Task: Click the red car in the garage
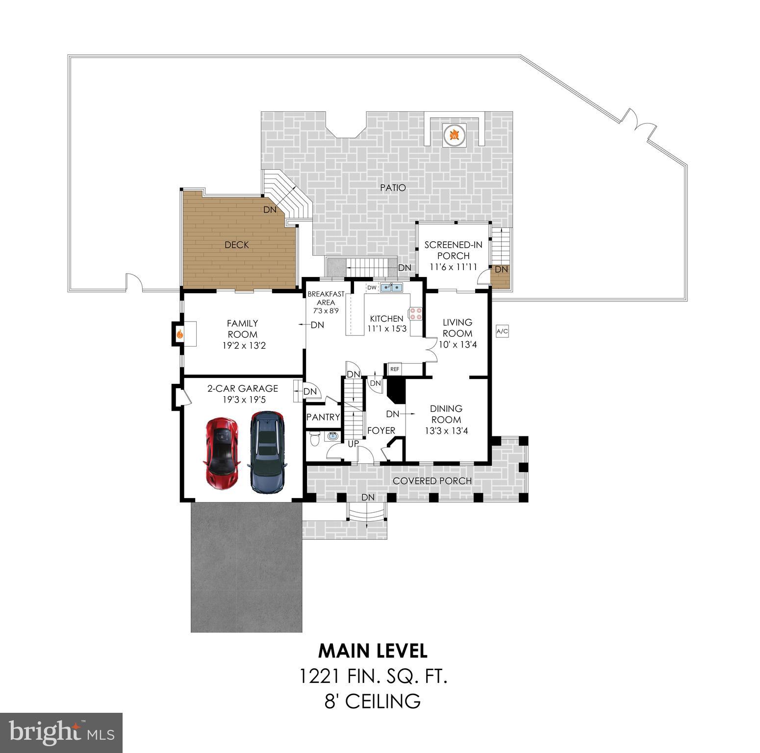[221, 453]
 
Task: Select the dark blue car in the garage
[267, 452]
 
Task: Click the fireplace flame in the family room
[180, 334]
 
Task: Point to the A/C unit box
[503, 332]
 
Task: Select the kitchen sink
[391, 287]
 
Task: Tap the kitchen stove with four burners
[416, 314]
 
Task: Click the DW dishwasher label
[372, 287]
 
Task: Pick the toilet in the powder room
[315, 438]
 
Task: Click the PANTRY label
[323, 417]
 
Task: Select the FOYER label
[381, 430]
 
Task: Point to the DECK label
[237, 245]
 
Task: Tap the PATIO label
[393, 188]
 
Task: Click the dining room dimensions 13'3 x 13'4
[446, 431]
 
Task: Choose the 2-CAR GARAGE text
[243, 388]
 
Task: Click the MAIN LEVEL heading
[373, 651]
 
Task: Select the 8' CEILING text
[373, 701]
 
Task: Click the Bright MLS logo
[61, 732]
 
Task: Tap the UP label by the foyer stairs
[353, 444]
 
